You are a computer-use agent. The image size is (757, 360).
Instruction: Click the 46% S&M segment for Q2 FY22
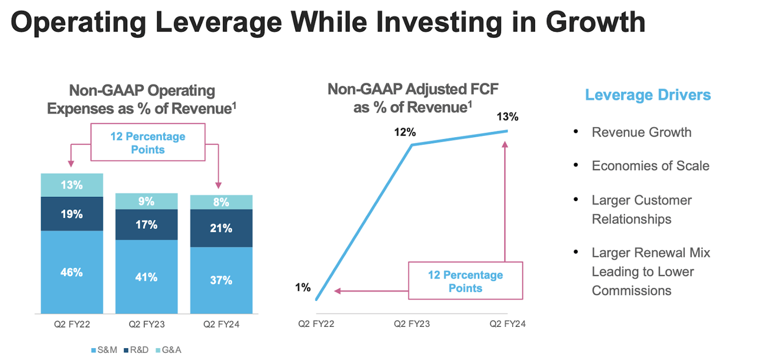click(x=72, y=273)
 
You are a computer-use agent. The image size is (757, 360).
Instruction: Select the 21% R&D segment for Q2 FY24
click(x=221, y=228)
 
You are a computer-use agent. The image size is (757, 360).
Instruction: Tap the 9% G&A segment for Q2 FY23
click(x=146, y=202)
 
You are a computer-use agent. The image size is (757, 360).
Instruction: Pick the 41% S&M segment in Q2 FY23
click(x=146, y=277)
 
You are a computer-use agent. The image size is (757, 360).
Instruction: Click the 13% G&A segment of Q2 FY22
click(x=72, y=185)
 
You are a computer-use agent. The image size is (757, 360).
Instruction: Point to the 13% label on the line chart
click(x=507, y=117)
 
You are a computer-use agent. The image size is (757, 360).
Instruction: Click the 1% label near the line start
click(x=303, y=288)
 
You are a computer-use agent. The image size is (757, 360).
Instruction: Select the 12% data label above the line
click(x=406, y=132)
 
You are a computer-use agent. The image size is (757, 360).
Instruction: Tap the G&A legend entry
click(x=169, y=350)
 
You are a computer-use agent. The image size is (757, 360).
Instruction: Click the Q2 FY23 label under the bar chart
click(x=146, y=324)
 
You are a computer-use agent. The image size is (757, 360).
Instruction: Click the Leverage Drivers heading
click(x=648, y=95)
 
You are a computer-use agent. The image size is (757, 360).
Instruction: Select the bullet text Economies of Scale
click(x=650, y=166)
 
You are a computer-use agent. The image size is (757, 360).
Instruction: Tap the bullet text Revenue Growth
click(x=641, y=132)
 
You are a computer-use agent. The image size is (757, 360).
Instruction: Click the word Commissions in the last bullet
click(x=631, y=290)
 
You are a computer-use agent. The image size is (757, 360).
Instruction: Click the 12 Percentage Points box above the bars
click(x=148, y=143)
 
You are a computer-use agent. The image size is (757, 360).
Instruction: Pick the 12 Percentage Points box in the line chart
click(x=465, y=281)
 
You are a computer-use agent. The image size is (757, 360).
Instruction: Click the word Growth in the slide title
click(x=595, y=21)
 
